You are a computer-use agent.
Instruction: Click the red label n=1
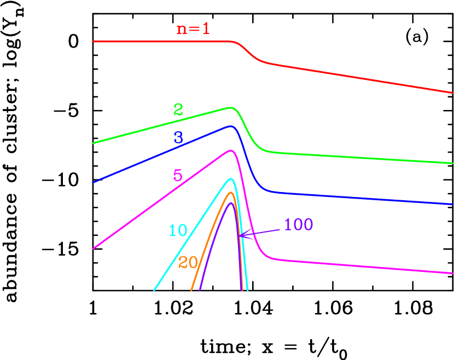pyautogui.click(x=193, y=29)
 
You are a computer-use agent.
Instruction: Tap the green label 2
pyautogui.click(x=178, y=110)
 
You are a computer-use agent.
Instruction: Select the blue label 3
pyautogui.click(x=178, y=137)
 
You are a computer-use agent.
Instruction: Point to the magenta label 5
pyautogui.click(x=178, y=176)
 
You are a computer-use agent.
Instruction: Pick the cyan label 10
pyautogui.click(x=178, y=230)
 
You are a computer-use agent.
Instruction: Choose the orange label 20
pyautogui.click(x=188, y=263)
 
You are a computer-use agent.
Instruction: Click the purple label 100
pyautogui.click(x=298, y=225)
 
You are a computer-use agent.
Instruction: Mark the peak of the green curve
pyautogui.click(x=231, y=108)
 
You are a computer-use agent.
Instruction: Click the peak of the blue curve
pyautogui.click(x=230, y=126)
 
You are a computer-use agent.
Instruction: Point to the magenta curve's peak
pyautogui.click(x=231, y=150)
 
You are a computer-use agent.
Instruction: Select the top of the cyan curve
pyautogui.click(x=231, y=179)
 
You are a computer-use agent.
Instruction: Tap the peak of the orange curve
pyautogui.click(x=230, y=193)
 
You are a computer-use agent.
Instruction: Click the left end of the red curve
pyautogui.click(x=93, y=41)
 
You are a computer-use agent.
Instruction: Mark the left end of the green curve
pyautogui.click(x=93, y=143)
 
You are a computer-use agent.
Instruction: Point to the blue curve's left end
pyautogui.click(x=93, y=183)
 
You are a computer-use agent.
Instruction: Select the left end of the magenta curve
pyautogui.click(x=93, y=249)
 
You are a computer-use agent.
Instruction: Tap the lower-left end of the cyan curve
pyautogui.click(x=154, y=291)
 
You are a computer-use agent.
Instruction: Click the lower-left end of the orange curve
pyautogui.click(x=191, y=291)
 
